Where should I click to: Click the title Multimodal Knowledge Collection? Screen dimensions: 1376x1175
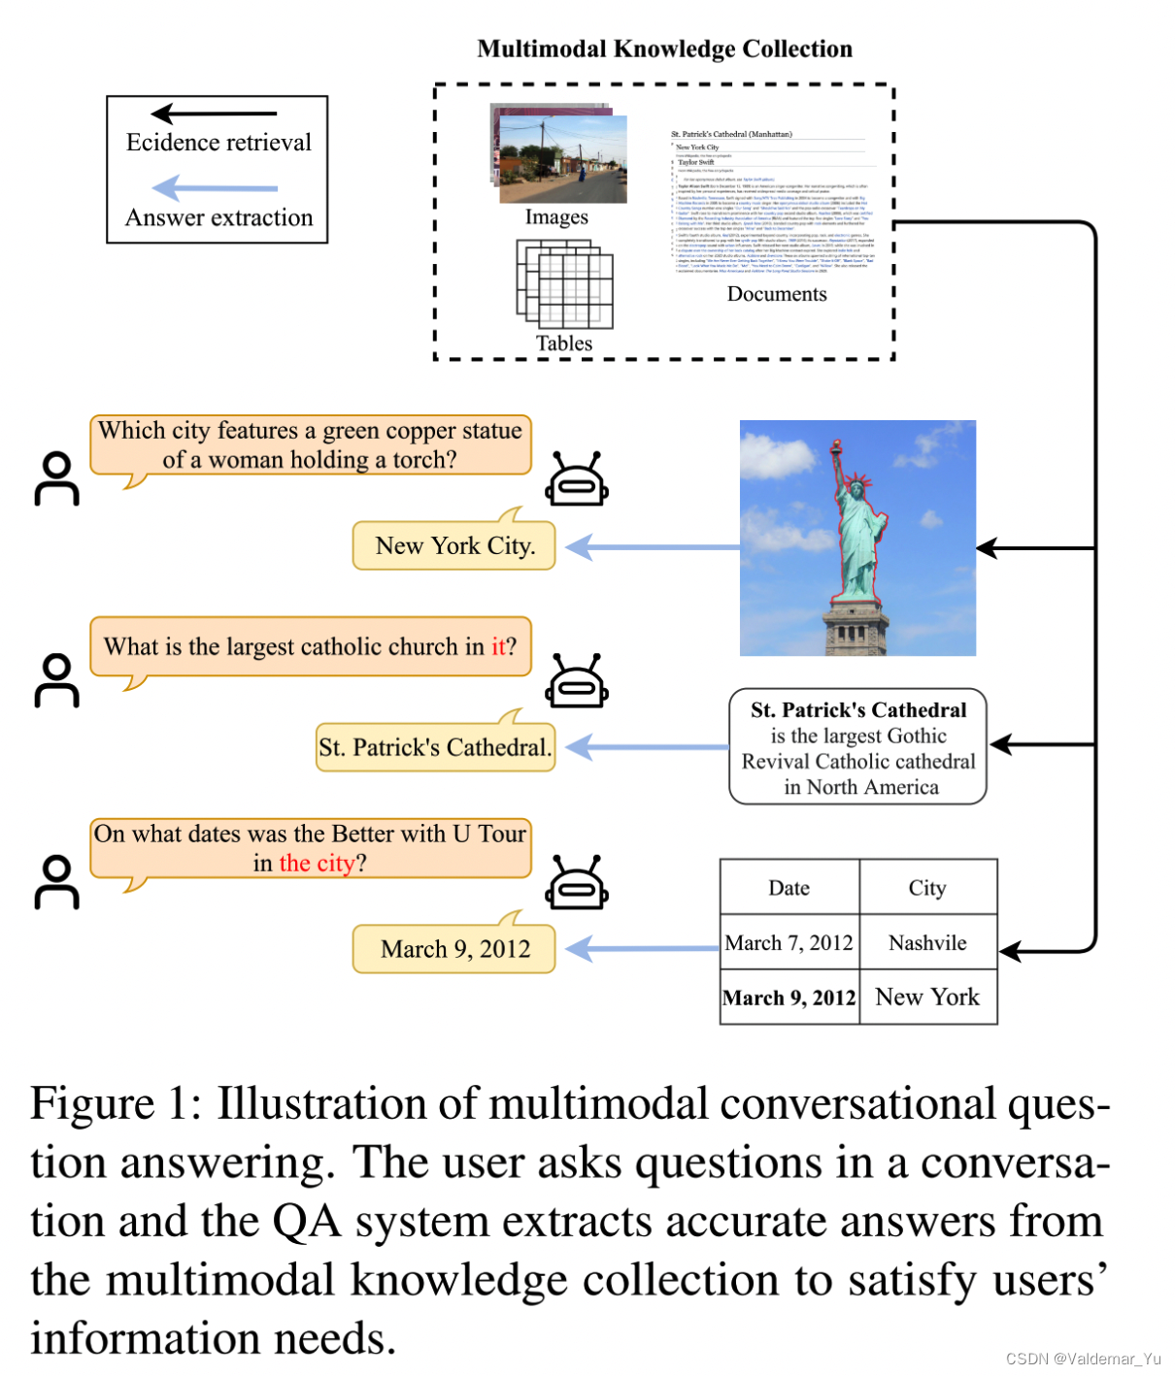pyautogui.click(x=664, y=49)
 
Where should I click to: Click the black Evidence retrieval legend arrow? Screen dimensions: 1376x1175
pyautogui.click(x=214, y=114)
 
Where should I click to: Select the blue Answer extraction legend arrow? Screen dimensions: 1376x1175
pyautogui.click(x=215, y=187)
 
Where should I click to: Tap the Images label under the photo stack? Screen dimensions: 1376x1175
pyautogui.click(x=556, y=217)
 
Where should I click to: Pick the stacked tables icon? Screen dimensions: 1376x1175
pyautogui.click(x=564, y=284)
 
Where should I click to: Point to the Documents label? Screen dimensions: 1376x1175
pyautogui.click(x=777, y=294)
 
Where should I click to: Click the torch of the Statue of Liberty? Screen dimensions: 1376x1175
pyautogui.click(x=833, y=447)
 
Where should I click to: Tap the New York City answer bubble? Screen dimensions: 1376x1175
pyautogui.click(x=454, y=546)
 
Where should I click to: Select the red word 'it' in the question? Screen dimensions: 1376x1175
pyautogui.click(x=498, y=647)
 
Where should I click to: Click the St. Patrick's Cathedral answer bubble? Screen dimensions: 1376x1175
pyautogui.click(x=435, y=747)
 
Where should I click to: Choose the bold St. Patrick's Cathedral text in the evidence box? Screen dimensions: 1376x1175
pyautogui.click(x=858, y=710)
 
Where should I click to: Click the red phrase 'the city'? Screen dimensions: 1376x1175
pyautogui.click(x=317, y=864)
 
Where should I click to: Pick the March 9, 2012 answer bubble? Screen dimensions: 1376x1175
pyautogui.click(x=454, y=949)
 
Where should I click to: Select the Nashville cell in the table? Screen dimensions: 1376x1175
pyautogui.click(x=927, y=943)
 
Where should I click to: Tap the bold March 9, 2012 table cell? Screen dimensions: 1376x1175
pyautogui.click(x=789, y=998)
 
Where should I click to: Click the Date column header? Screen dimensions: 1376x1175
pyautogui.click(x=789, y=888)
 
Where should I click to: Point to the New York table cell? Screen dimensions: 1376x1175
pyautogui.click(x=927, y=998)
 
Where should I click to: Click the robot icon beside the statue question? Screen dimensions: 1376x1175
pyautogui.click(x=577, y=479)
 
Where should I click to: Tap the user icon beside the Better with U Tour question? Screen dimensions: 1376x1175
pyautogui.click(x=57, y=882)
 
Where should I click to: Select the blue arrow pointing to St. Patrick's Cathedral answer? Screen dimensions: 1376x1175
pyautogui.click(x=647, y=747)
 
